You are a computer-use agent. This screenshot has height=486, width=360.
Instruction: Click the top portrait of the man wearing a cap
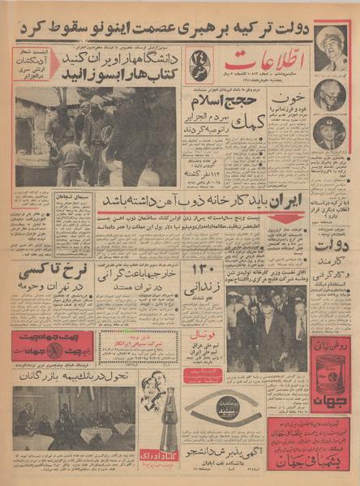tap(332, 42)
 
